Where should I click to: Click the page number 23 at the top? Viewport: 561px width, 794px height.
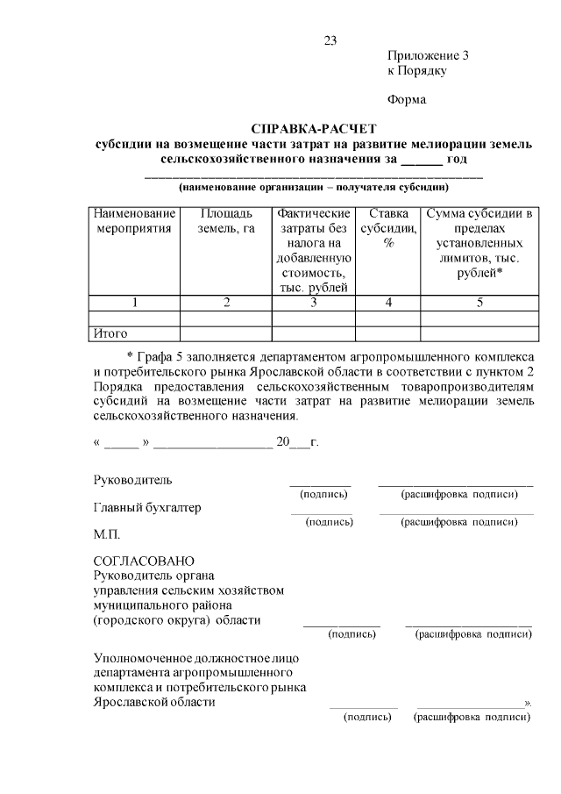pos(330,41)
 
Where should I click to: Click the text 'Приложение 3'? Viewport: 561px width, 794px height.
pos(428,54)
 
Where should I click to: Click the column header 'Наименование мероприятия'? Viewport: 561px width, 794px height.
pos(135,221)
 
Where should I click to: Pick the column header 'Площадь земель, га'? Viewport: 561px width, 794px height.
pos(226,221)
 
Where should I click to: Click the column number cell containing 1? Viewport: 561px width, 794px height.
pos(135,303)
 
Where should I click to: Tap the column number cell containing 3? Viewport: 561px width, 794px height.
pos(313,303)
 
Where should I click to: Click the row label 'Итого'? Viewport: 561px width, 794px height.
pos(110,333)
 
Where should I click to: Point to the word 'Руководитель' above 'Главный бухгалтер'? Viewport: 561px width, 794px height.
pos(132,480)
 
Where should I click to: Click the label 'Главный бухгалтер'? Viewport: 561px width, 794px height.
pos(146,507)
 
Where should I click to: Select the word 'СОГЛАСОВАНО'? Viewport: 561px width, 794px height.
pos(144,562)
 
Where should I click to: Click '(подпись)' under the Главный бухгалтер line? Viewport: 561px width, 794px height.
pos(329,522)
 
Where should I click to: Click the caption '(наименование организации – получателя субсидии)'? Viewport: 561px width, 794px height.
pos(313,187)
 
